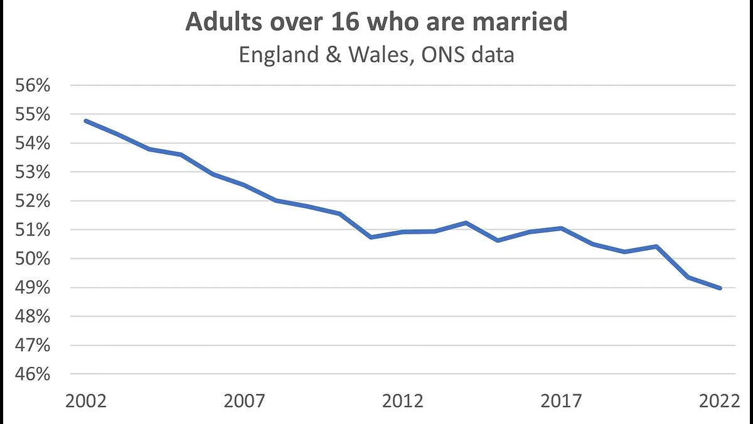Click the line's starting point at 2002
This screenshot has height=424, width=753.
click(86, 121)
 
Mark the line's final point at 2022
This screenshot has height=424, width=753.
click(720, 288)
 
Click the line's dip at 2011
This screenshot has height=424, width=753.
click(371, 237)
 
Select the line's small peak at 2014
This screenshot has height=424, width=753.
click(466, 222)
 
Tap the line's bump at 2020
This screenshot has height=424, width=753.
click(656, 246)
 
